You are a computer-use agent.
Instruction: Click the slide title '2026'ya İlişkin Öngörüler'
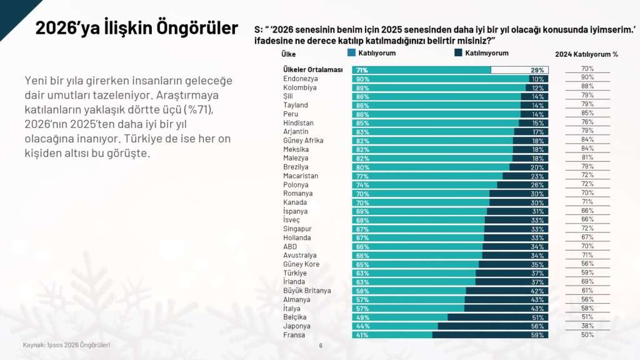point(136,29)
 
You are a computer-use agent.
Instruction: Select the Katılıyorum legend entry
point(376,54)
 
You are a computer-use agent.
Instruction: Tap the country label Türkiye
point(295,273)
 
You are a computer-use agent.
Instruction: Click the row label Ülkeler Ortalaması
point(313,70)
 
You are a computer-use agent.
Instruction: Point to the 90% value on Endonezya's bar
point(362,79)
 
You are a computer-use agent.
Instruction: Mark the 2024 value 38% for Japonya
point(587,326)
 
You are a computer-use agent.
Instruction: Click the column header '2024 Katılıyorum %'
point(586,54)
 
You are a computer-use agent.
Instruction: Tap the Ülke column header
point(289,54)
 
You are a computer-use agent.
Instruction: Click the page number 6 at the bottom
point(321,345)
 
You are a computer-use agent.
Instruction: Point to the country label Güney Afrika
point(303,141)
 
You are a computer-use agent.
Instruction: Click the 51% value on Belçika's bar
point(537,317)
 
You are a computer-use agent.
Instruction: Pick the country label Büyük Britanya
point(307,291)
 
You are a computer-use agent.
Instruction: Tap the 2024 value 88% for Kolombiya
point(587,86)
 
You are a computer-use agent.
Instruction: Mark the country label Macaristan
point(301,176)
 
